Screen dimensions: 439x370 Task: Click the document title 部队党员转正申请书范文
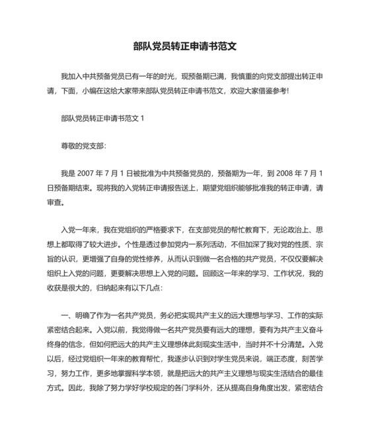[x=184, y=48]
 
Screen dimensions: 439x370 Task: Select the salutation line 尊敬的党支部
[x=83, y=145]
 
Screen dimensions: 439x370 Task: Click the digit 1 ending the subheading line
[x=141, y=118]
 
